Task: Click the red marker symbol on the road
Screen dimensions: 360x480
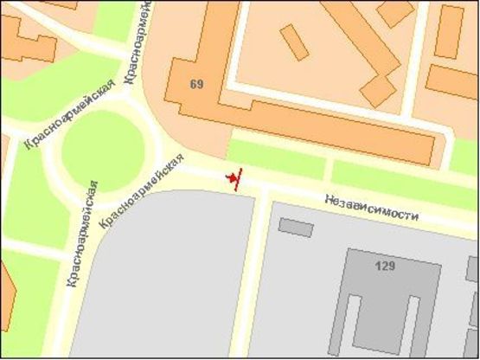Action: [x=234, y=178]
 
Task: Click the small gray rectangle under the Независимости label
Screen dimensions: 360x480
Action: [x=296, y=228]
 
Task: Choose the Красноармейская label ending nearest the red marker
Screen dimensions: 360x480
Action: [x=143, y=191]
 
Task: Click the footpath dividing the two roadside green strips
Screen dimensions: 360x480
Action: [x=329, y=168]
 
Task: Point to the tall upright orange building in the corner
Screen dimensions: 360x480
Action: [x=449, y=31]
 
